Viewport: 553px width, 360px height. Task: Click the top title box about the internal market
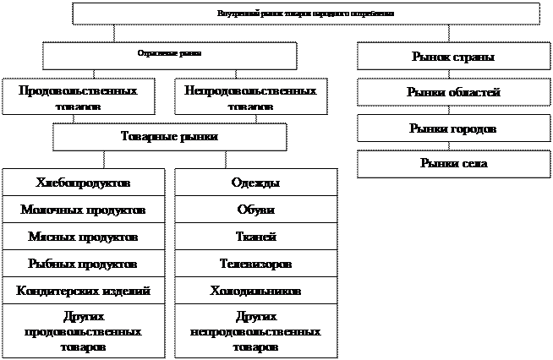point(306,14)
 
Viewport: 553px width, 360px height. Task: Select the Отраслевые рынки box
point(170,55)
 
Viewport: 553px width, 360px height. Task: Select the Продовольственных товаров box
point(78,96)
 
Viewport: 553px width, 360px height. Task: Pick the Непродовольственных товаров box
point(251,96)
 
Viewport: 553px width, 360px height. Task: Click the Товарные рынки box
point(170,137)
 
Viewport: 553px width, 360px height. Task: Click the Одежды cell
point(255,183)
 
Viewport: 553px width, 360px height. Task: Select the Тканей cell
point(255,237)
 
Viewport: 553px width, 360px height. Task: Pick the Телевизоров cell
point(255,264)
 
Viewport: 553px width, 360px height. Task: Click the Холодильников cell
point(255,291)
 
